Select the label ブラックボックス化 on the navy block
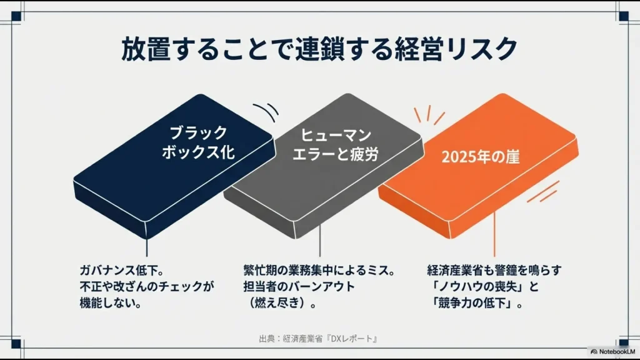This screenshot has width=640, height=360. point(198,142)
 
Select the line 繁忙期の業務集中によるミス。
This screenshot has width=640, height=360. point(319,271)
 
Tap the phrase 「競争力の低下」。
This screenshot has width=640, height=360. point(479,304)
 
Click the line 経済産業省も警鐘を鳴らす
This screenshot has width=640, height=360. point(494,271)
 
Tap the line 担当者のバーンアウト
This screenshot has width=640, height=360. point(299,287)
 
